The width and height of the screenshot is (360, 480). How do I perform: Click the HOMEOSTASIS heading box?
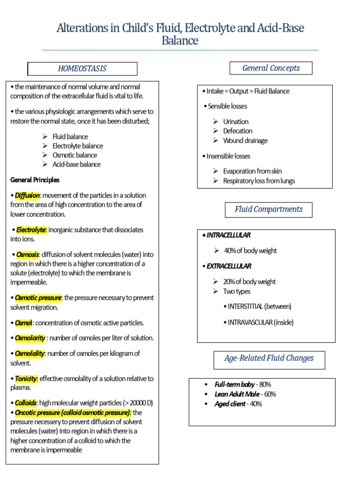click(x=82, y=69)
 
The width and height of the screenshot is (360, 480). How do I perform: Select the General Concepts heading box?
click(x=271, y=68)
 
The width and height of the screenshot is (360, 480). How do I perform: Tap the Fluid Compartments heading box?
click(x=269, y=210)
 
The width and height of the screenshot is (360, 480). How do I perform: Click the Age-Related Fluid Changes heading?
click(x=269, y=359)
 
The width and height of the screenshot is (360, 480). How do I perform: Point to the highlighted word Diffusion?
click(x=27, y=195)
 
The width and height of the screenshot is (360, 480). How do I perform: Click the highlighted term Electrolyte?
click(x=31, y=230)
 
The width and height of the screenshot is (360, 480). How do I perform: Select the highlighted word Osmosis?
click(x=27, y=255)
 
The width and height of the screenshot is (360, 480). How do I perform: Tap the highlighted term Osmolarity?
click(x=30, y=338)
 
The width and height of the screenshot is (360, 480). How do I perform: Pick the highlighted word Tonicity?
click(x=26, y=378)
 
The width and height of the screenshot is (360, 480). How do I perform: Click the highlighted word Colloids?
click(x=25, y=403)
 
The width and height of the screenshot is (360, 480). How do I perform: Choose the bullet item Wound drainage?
click(x=245, y=141)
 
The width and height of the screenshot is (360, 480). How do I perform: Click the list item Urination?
click(x=236, y=121)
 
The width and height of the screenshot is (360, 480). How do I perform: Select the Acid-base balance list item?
click(x=76, y=165)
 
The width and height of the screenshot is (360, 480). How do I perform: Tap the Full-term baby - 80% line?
click(x=242, y=384)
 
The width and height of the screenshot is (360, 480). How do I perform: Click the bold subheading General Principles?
click(x=35, y=180)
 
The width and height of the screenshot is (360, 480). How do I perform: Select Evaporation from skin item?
click(x=252, y=171)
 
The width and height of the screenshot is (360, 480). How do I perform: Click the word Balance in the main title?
click(x=180, y=41)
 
